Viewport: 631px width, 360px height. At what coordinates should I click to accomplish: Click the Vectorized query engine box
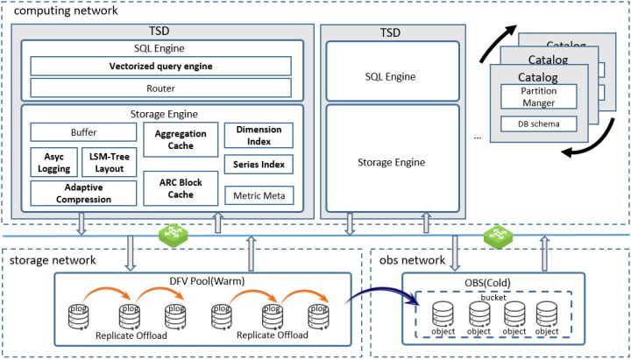pyautogui.click(x=160, y=67)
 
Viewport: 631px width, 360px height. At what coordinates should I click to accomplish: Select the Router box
pyautogui.click(x=160, y=88)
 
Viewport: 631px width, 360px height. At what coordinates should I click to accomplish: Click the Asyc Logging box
pyautogui.click(x=54, y=162)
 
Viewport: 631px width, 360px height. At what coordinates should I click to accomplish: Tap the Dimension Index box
pyautogui.click(x=259, y=135)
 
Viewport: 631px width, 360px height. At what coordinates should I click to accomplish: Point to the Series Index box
pyautogui.click(x=259, y=164)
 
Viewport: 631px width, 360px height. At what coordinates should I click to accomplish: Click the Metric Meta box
pyautogui.click(x=259, y=194)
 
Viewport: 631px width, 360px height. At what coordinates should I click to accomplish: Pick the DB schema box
pyautogui.click(x=539, y=124)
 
